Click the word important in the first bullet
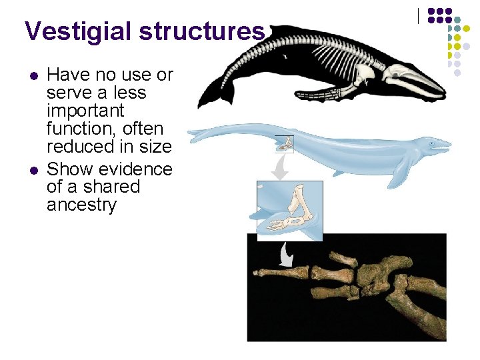coord(85,110)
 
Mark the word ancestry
coord(81,205)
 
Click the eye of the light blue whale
coord(436,142)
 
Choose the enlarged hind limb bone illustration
coord(289,210)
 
